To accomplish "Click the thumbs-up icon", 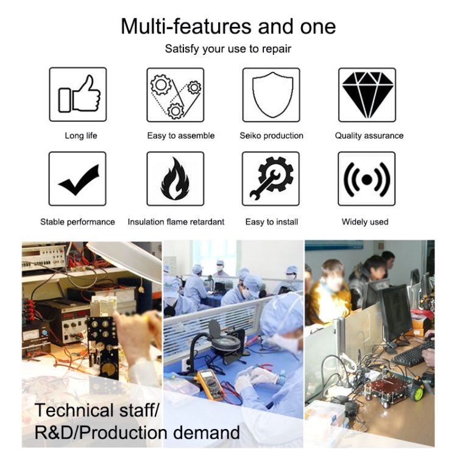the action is click(x=79, y=94).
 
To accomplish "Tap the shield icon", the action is click(x=272, y=94).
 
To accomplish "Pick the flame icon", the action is click(x=175, y=179).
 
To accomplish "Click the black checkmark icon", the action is click(x=79, y=180).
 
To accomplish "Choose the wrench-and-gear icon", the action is click(x=271, y=178).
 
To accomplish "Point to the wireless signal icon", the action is click(x=367, y=179).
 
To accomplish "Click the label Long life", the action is click(x=80, y=135).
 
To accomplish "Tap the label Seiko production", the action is click(x=271, y=135).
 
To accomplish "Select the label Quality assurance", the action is click(x=369, y=135).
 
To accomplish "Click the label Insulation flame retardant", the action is click(x=176, y=222).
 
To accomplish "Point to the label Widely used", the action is click(x=365, y=222).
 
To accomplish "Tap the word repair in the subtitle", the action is click(x=276, y=49).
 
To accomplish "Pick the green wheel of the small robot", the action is click(x=419, y=394).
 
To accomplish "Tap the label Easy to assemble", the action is click(x=181, y=135).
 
